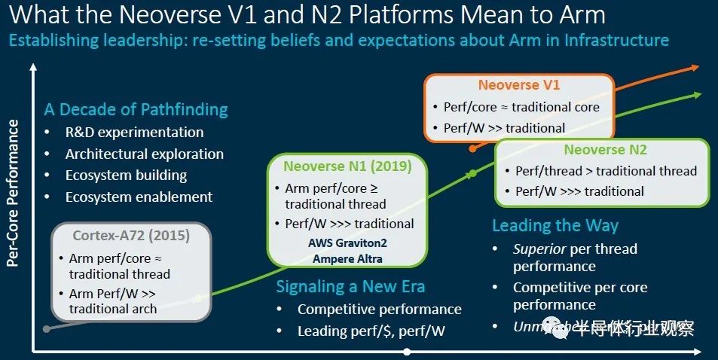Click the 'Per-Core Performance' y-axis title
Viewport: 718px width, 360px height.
(x=13, y=194)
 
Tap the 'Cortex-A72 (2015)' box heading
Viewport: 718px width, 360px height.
(x=131, y=236)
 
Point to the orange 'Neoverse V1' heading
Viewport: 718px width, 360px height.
(x=518, y=85)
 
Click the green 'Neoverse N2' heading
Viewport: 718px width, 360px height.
(x=605, y=150)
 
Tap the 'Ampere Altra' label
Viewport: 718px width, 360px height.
(x=347, y=259)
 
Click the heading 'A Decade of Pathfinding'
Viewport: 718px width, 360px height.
(x=136, y=109)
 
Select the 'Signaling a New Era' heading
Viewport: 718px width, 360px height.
(x=350, y=286)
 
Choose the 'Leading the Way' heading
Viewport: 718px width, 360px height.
(x=555, y=225)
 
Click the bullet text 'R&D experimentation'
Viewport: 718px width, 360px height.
(x=134, y=132)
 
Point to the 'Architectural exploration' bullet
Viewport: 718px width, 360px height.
(x=144, y=154)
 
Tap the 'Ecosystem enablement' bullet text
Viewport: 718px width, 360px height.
(x=139, y=197)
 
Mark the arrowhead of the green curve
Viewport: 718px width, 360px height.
(x=698, y=95)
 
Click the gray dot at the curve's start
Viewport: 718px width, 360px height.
(x=47, y=328)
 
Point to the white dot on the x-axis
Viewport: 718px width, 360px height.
(x=407, y=352)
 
